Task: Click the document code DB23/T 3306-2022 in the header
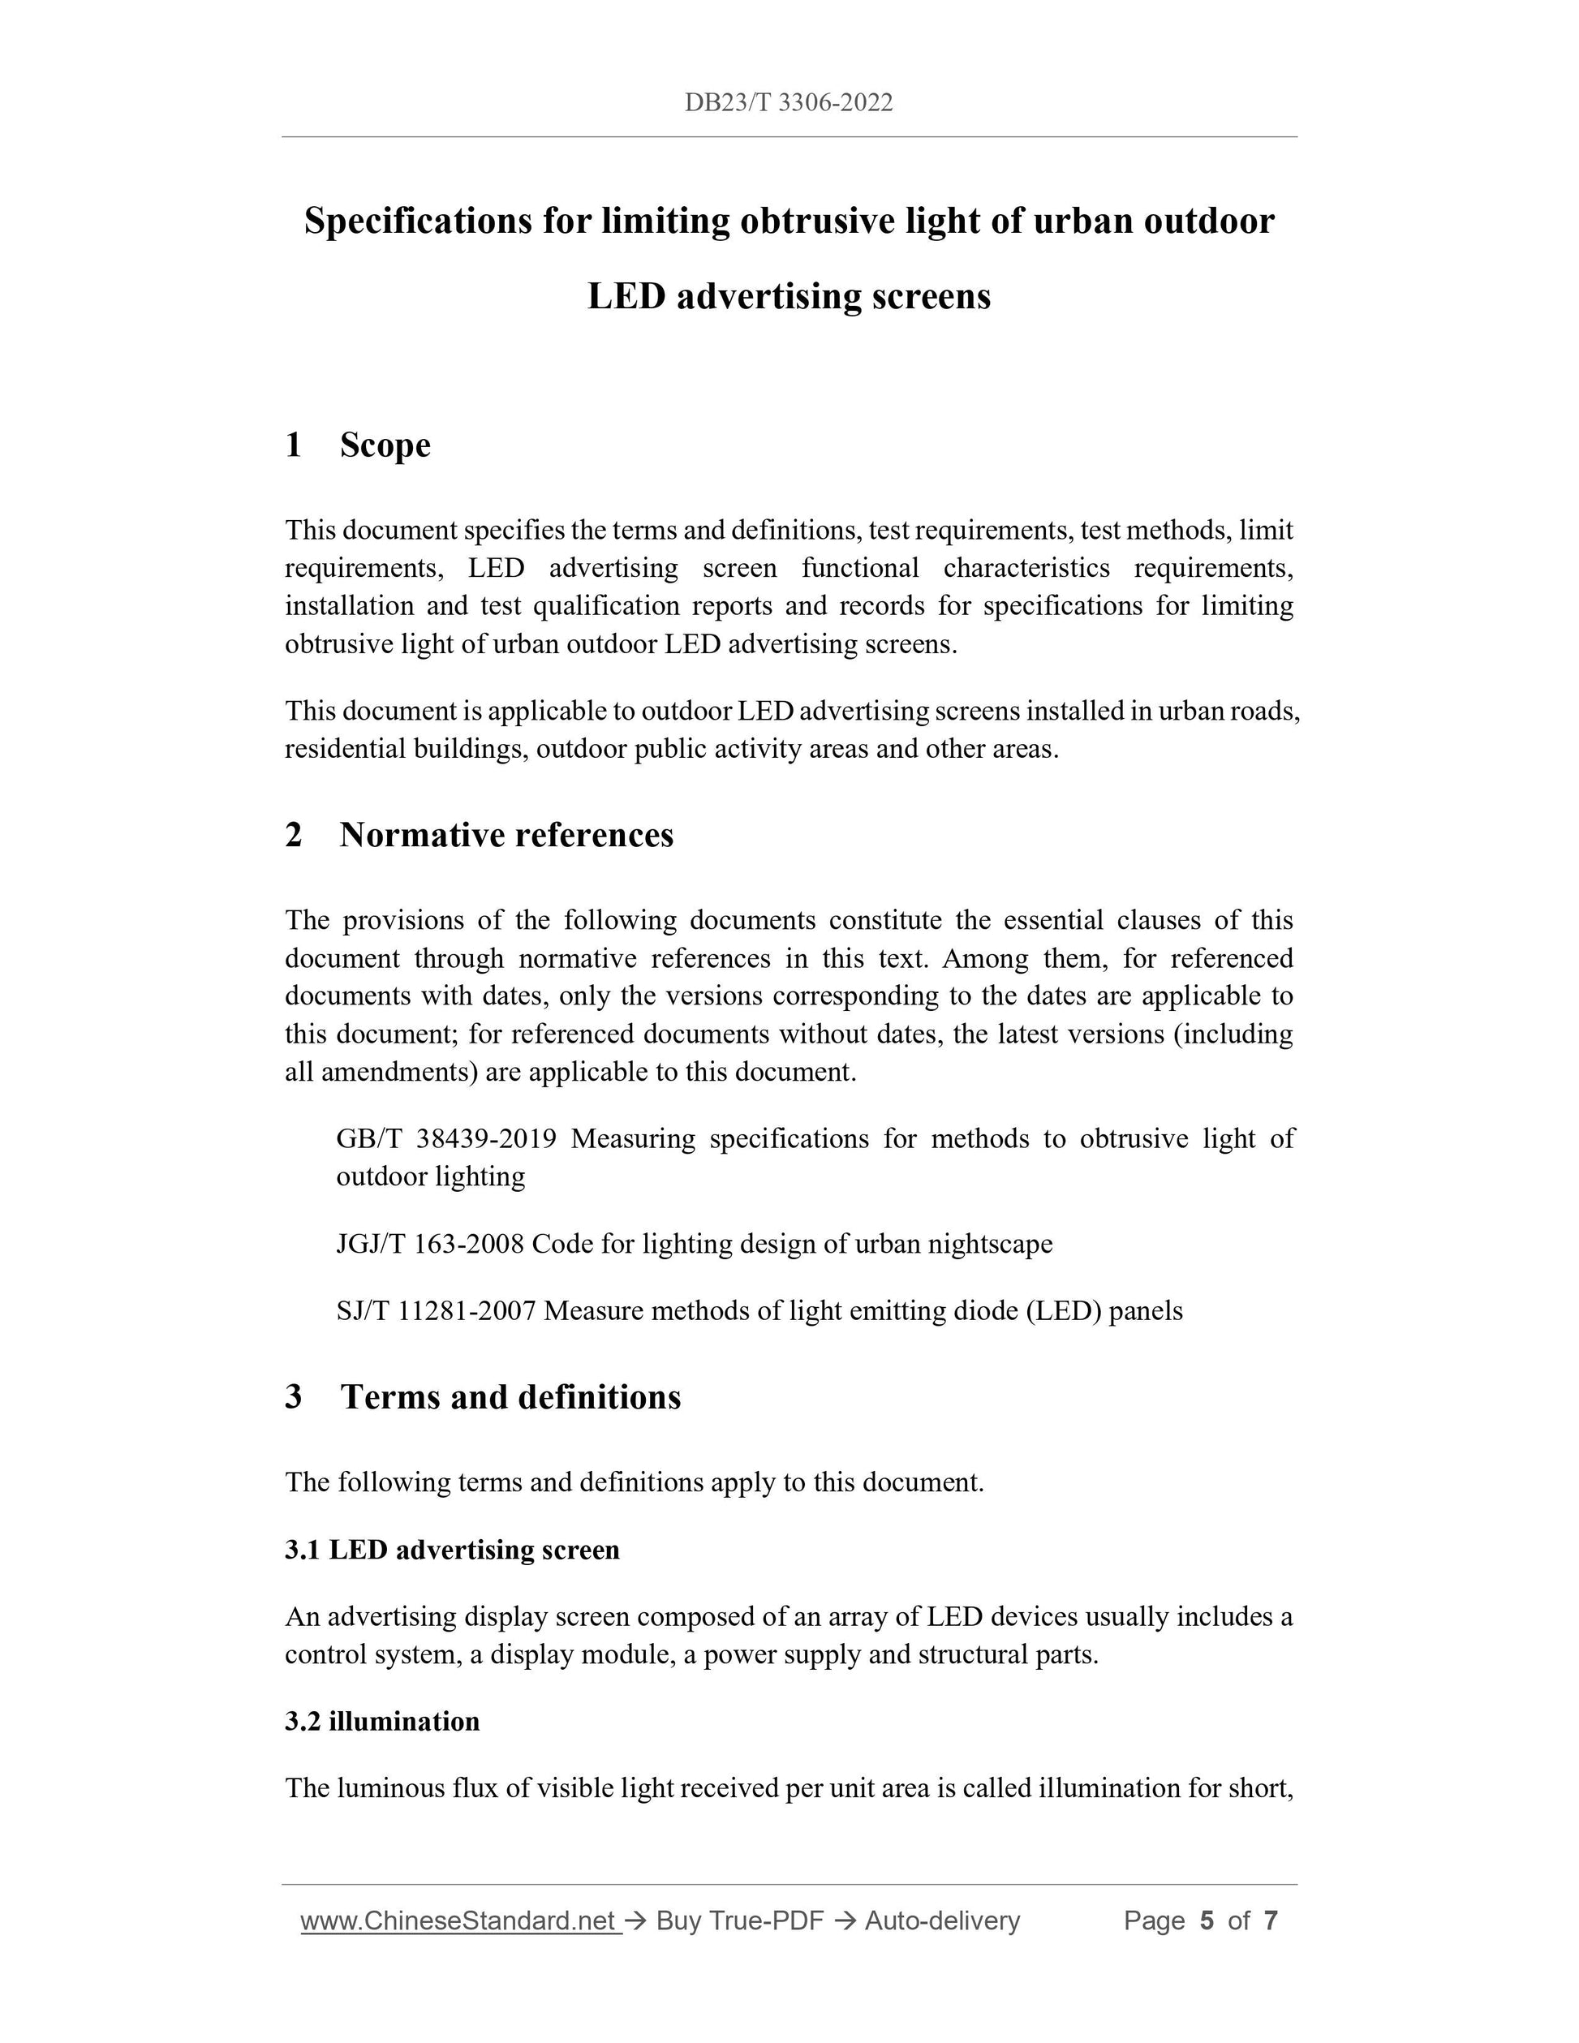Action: point(789,103)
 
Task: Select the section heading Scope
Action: point(385,445)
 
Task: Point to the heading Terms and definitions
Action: point(510,1396)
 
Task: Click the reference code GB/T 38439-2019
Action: point(446,1138)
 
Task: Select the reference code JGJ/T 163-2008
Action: point(429,1244)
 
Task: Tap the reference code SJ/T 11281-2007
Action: point(436,1311)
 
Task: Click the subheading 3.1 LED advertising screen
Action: point(453,1550)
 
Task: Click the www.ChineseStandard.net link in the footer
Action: point(460,1921)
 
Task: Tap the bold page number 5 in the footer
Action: point(1207,1921)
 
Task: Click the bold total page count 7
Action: point(1271,1921)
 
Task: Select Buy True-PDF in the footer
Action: point(739,1921)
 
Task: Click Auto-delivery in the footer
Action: point(942,1921)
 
